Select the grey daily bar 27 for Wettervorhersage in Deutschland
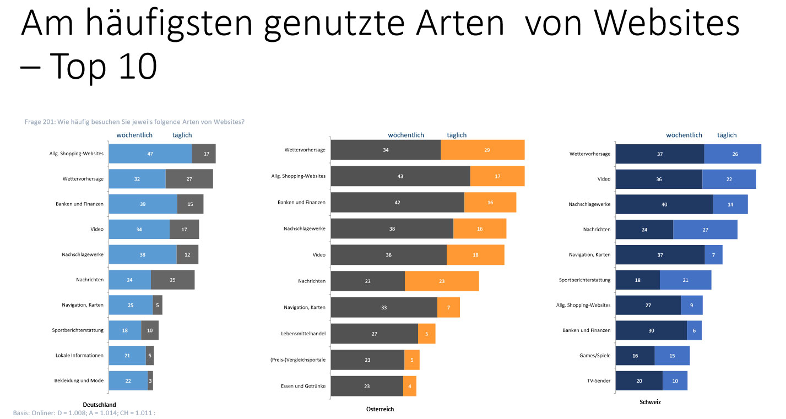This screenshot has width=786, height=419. (x=189, y=179)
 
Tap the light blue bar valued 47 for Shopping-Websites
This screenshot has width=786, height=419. (x=150, y=154)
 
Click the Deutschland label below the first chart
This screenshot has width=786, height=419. (x=99, y=405)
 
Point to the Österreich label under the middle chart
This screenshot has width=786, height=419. (x=380, y=409)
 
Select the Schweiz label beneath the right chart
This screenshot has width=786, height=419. (x=650, y=402)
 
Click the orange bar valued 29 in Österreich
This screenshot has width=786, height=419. (x=483, y=150)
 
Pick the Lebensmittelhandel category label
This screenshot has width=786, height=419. (x=303, y=333)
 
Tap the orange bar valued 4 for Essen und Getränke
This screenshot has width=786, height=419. (x=409, y=386)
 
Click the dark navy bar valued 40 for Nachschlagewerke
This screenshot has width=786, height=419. (x=664, y=204)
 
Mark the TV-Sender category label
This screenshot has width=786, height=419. (x=598, y=380)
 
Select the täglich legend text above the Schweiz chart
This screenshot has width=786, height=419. (x=727, y=135)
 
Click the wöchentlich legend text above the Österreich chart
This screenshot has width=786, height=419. (x=406, y=135)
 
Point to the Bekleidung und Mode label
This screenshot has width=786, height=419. (x=79, y=380)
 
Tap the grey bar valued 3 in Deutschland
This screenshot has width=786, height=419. (x=150, y=380)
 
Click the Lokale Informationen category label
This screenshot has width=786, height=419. (x=79, y=355)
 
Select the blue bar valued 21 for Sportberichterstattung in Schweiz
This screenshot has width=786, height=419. (x=685, y=280)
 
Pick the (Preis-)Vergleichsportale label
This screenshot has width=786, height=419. (x=298, y=360)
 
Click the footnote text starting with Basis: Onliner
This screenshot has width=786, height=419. (x=84, y=412)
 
